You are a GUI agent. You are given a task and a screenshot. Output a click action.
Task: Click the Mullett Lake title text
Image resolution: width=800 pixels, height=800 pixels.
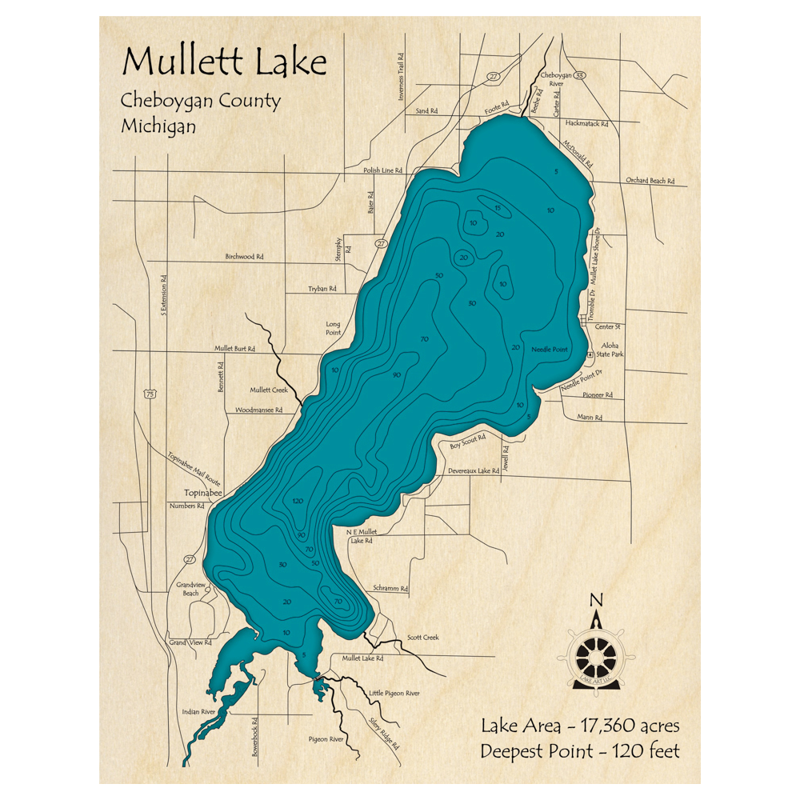(x=223, y=62)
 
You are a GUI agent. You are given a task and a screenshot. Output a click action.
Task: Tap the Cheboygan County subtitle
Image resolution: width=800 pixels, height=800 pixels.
(x=200, y=102)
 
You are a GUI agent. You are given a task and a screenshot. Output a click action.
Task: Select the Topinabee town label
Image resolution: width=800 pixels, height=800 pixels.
(x=202, y=493)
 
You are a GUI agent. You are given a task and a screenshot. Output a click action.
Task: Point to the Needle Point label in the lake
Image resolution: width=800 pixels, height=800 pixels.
(x=549, y=350)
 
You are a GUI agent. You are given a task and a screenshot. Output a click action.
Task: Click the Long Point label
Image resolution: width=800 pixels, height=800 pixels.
(x=333, y=327)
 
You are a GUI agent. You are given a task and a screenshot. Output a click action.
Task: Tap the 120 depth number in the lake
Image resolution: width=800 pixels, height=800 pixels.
(x=298, y=501)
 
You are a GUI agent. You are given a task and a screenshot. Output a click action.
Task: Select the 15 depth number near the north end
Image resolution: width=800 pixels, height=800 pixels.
(x=497, y=209)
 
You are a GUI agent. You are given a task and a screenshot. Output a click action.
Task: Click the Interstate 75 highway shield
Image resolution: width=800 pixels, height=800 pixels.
(x=150, y=394)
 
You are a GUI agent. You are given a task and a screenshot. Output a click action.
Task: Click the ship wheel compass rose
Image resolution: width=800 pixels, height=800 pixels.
(x=596, y=655)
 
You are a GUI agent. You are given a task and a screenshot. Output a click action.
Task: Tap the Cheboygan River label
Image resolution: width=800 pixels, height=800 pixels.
(x=556, y=78)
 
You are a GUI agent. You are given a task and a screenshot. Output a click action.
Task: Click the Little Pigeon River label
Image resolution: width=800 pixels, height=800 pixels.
(x=394, y=694)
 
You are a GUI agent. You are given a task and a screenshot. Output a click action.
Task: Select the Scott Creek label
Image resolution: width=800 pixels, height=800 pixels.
(x=422, y=638)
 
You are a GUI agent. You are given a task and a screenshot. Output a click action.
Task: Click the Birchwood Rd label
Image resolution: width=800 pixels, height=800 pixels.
(x=244, y=257)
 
